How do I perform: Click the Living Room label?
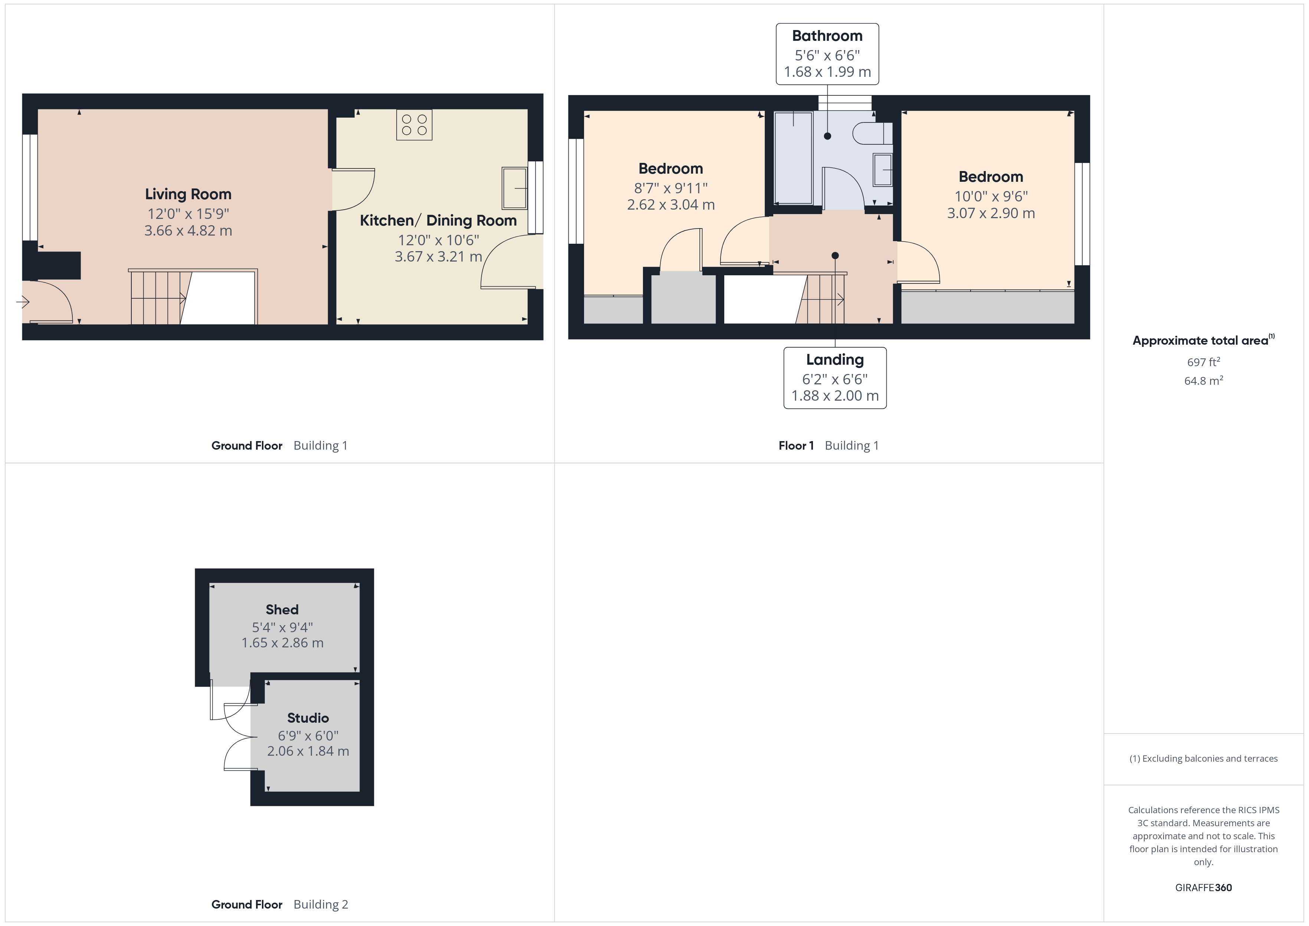[x=188, y=194]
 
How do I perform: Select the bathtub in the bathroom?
[x=793, y=158]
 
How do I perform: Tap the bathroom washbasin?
[x=883, y=169]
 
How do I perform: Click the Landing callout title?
[x=835, y=360]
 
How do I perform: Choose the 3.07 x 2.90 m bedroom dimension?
[x=991, y=213]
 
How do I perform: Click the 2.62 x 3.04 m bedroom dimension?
[x=670, y=205]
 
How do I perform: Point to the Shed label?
[x=282, y=610]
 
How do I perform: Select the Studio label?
[x=308, y=718]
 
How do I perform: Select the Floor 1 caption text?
[x=796, y=446]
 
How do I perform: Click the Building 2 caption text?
[x=321, y=904]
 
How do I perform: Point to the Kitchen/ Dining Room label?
[x=438, y=221]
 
